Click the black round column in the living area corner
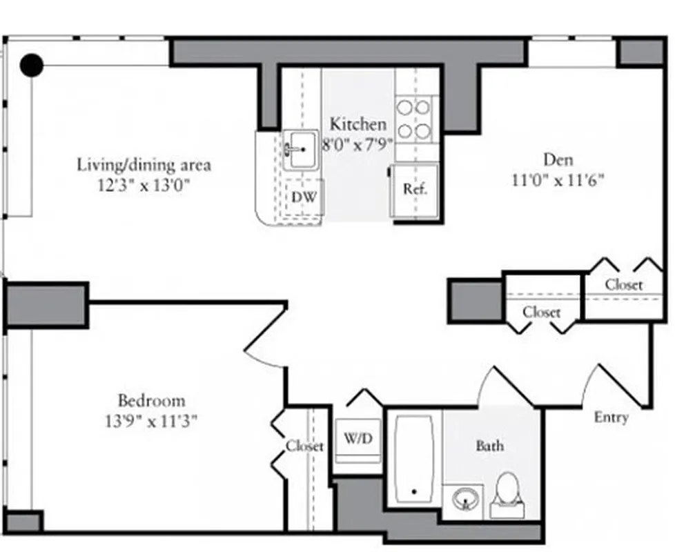point(31,66)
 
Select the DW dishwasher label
point(304,197)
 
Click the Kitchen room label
point(358,125)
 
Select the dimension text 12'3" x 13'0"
point(144,184)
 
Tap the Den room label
point(558,160)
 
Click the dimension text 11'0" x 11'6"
point(558,180)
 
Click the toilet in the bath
point(507,493)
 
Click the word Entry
point(612,417)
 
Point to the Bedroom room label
point(151,401)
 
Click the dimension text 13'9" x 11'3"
point(151,421)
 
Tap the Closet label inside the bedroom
point(304,446)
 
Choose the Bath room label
point(489,446)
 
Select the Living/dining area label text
point(144,165)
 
